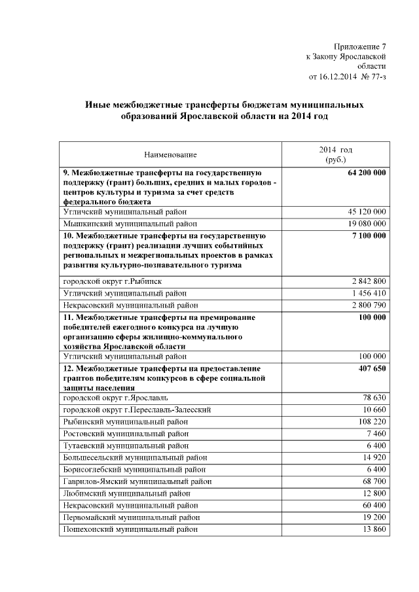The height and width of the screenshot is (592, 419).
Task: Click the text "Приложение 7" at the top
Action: click(359, 46)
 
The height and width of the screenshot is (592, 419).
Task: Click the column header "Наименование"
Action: click(170, 154)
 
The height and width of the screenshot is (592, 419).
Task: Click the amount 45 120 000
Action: click(367, 212)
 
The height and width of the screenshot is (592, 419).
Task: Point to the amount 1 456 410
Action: click(369, 293)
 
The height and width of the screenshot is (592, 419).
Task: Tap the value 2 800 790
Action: click(369, 305)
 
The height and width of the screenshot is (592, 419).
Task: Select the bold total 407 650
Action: click(371, 370)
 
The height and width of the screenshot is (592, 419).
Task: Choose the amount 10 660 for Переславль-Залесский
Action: click(374, 409)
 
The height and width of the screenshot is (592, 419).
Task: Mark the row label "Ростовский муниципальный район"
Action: click(124, 434)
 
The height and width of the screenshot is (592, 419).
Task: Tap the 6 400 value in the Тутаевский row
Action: click(376, 445)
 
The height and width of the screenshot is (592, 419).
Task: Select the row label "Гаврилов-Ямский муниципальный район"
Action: click(137, 481)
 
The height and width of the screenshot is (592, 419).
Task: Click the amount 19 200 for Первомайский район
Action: click(374, 517)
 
